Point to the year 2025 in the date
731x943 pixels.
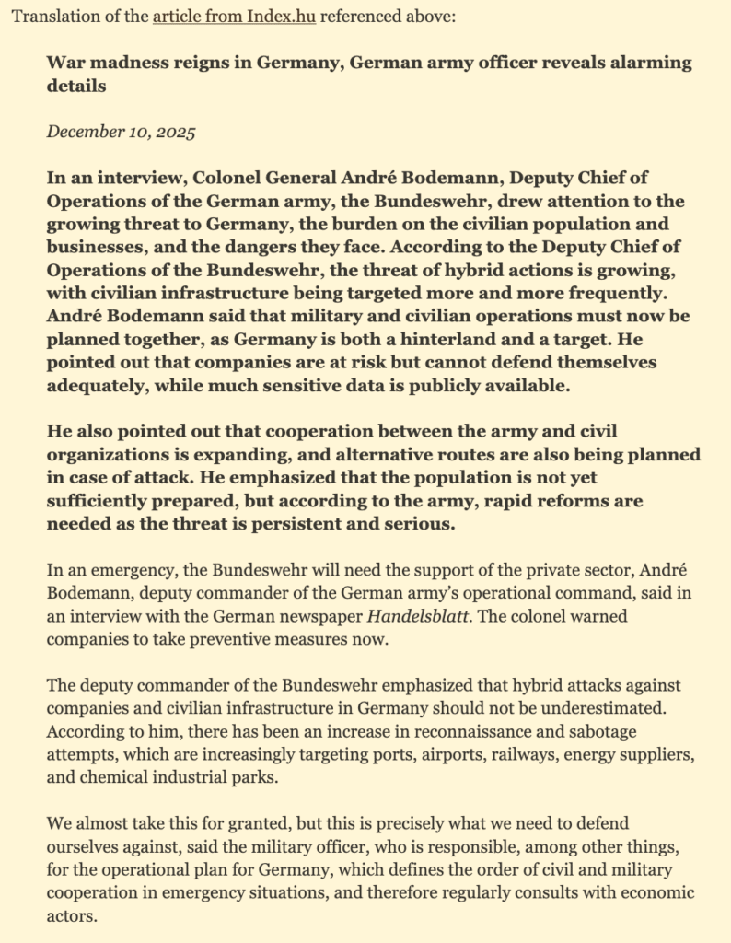click(x=173, y=131)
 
